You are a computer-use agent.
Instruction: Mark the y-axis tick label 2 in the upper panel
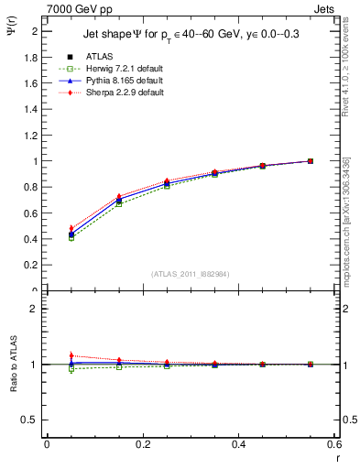34,31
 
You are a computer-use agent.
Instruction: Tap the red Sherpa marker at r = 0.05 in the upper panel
47,228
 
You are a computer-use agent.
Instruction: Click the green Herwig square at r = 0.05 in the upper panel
47,237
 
